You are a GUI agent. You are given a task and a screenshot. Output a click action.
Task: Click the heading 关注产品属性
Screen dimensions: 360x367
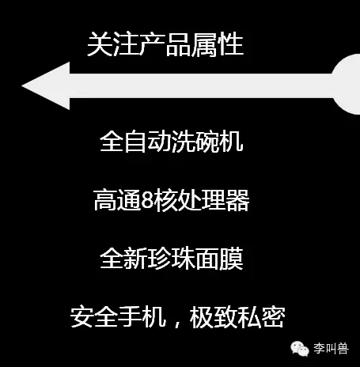[165, 44]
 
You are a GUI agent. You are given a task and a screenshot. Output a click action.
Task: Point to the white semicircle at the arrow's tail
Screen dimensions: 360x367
[347, 85]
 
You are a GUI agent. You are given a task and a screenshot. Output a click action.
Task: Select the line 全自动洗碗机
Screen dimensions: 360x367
[171, 142]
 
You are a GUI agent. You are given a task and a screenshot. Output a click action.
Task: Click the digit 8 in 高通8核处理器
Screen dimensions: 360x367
[148, 200]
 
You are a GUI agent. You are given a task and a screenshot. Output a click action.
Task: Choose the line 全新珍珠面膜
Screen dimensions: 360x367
[172, 259]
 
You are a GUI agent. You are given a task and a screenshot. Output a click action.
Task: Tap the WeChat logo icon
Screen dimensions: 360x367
[300, 349]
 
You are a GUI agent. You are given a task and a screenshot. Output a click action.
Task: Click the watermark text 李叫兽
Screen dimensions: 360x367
[331, 349]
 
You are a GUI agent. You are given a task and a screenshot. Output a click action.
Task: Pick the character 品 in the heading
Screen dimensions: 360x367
[178, 44]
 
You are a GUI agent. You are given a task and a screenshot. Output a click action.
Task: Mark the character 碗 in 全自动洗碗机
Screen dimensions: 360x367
[207, 142]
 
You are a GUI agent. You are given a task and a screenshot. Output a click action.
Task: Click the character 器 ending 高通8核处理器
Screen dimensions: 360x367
[237, 200]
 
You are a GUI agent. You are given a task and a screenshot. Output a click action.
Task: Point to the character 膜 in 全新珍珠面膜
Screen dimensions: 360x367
[231, 259]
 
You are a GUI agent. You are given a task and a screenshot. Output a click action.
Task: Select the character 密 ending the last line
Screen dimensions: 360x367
[273, 317]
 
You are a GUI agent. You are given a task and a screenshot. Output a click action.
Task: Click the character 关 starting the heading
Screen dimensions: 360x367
[100, 44]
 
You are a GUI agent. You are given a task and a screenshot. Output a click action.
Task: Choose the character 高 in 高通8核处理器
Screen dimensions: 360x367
[105, 200]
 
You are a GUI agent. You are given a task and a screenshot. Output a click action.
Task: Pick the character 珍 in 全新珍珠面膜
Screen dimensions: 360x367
[159, 259]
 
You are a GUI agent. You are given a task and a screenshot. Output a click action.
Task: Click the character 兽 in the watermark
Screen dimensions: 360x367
[343, 349]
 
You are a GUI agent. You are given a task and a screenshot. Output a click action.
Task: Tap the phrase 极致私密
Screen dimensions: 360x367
[237, 317]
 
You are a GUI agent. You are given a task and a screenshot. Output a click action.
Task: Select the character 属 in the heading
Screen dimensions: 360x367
[204, 44]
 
